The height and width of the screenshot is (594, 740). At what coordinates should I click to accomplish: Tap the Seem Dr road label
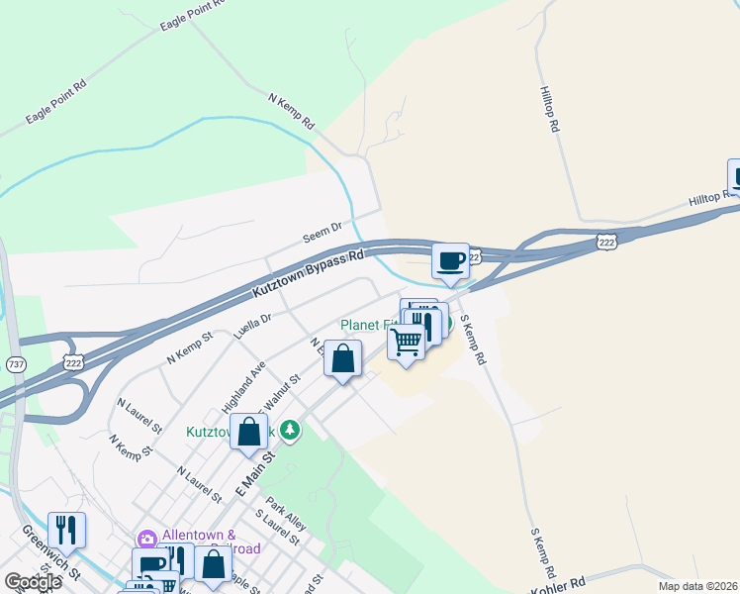[x=322, y=234]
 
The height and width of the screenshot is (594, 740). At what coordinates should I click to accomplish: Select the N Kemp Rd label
[x=291, y=112]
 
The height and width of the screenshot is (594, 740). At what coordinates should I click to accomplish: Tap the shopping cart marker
[x=407, y=343]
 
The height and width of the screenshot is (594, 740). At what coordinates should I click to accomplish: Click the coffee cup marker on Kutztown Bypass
[x=450, y=261]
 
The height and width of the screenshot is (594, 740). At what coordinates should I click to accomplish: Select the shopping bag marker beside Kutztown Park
[x=249, y=432]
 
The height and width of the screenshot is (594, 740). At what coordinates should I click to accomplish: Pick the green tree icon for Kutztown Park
[x=290, y=430]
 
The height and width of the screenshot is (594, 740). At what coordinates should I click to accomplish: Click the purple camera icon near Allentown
[x=147, y=539]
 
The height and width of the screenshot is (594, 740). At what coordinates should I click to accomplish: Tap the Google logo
[x=33, y=581]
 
